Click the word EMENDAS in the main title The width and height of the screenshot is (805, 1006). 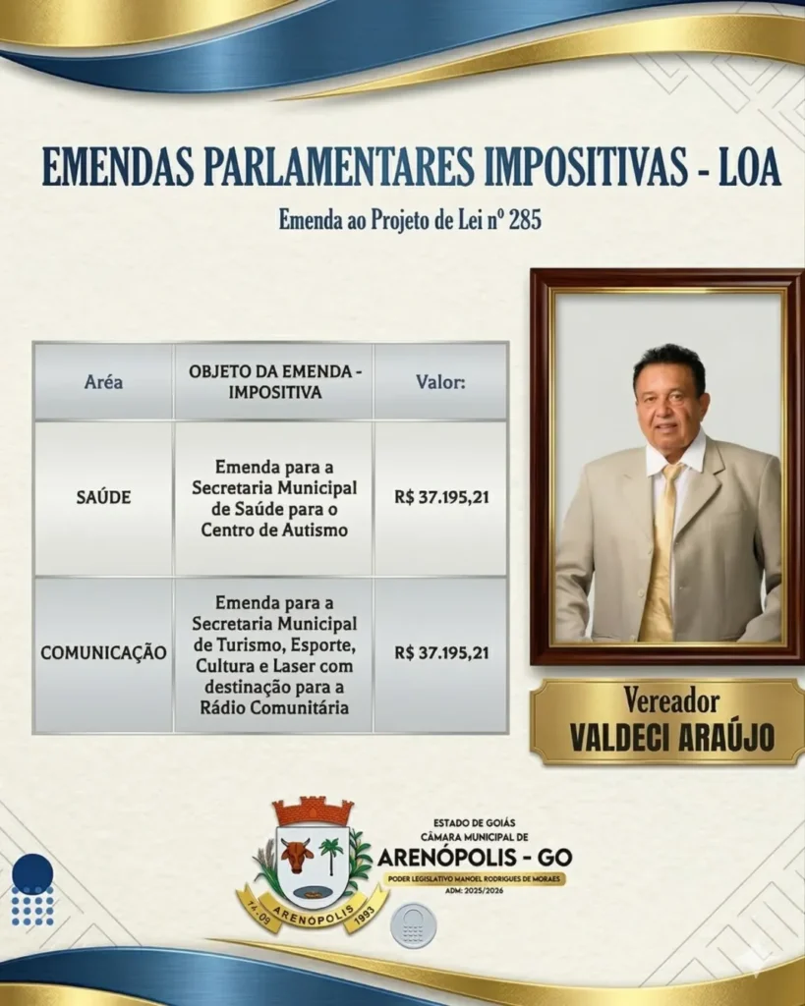coord(118,167)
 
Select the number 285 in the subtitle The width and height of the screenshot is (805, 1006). coord(525,220)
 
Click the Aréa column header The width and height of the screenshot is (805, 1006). coord(103,382)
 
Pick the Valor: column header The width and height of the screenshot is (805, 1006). coord(440,382)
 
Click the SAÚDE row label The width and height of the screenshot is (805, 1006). coord(103,497)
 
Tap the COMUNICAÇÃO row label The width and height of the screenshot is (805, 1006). coord(103,653)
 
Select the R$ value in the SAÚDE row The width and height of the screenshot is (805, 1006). coord(441,497)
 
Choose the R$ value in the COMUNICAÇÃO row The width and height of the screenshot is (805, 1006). coord(441,653)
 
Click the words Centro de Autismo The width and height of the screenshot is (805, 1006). coord(274,530)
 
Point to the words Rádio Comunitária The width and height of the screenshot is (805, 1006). coord(274,707)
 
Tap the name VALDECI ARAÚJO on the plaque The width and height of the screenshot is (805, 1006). coord(671,738)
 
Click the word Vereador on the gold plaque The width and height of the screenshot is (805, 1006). coord(670,701)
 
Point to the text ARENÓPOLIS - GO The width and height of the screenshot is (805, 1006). coord(474,857)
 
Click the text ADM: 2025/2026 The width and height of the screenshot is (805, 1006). coord(474,890)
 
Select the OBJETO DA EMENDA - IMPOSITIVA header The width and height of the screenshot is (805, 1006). coord(274,382)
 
